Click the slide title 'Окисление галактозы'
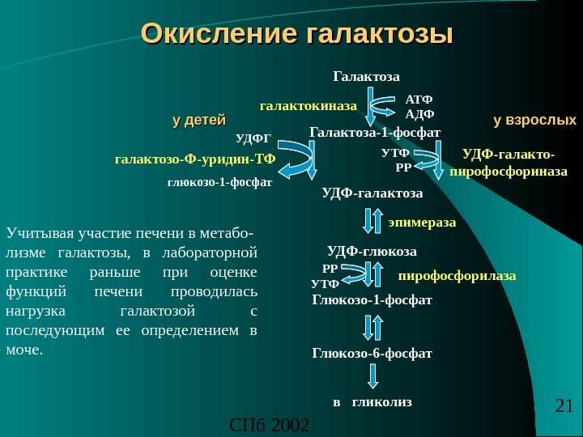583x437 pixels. (296, 36)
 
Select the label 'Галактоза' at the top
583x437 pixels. (367, 78)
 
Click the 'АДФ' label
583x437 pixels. (419, 113)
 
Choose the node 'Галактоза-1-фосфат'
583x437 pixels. (375, 131)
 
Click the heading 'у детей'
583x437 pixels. (198, 121)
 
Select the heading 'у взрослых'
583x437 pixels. (534, 121)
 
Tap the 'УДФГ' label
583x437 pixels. (253, 138)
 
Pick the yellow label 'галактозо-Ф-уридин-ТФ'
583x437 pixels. (195, 159)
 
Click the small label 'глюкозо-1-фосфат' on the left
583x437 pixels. (220, 182)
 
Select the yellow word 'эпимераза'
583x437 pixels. (422, 220)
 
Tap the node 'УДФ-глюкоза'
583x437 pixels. (372, 250)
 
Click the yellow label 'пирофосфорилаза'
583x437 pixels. (457, 276)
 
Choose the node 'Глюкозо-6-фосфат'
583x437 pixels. (372, 354)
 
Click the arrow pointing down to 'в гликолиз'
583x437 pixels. (372, 376)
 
